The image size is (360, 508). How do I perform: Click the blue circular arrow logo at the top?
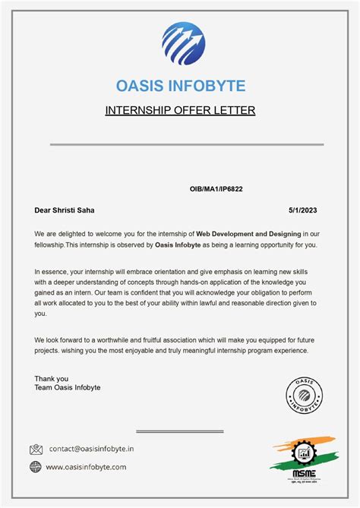point(183,45)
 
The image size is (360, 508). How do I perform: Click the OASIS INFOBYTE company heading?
point(180,85)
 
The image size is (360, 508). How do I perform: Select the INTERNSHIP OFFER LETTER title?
point(180,111)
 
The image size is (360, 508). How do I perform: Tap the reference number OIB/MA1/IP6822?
point(216,188)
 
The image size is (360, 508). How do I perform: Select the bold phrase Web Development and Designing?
point(248,234)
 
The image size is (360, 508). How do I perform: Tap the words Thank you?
point(51,378)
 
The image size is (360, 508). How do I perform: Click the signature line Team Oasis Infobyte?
point(67,387)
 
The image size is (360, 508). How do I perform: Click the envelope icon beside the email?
point(36,450)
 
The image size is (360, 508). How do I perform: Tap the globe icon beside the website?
point(36,467)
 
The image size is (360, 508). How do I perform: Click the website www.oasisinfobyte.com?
point(86,467)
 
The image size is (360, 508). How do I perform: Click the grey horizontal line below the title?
point(186,144)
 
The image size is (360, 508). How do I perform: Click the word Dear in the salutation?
point(43,210)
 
